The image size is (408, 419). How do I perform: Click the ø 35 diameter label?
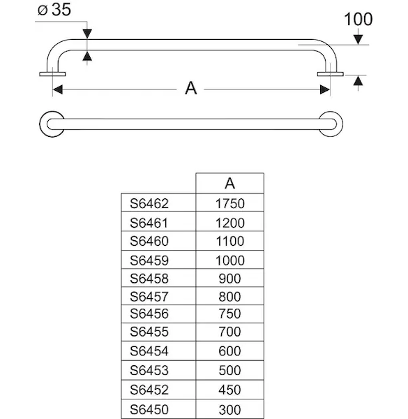point(54,10)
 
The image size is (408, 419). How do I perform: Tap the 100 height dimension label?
point(358,20)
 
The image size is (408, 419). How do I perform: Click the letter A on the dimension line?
point(191,88)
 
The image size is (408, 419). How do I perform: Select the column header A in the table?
point(229,183)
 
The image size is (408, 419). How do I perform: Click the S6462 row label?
point(149,204)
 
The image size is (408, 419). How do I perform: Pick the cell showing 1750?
point(229,204)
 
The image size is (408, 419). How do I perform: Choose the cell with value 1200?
point(229,223)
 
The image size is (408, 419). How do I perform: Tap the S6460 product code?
point(149,241)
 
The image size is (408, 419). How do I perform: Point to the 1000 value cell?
point(229,260)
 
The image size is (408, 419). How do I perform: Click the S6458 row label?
point(149,279)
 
